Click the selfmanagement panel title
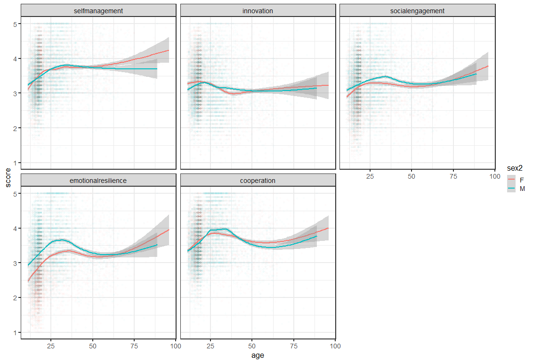[x=98, y=10]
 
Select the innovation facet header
[x=258, y=10]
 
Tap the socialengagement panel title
[x=417, y=10]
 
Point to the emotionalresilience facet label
[x=98, y=180]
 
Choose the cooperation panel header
[x=258, y=180]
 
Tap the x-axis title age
[x=258, y=355]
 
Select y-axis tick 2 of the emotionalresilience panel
[x=15, y=298]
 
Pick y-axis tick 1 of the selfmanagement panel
[x=15, y=163]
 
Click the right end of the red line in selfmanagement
[x=169, y=50]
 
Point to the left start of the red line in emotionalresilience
[x=28, y=281]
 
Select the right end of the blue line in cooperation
[x=317, y=236]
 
